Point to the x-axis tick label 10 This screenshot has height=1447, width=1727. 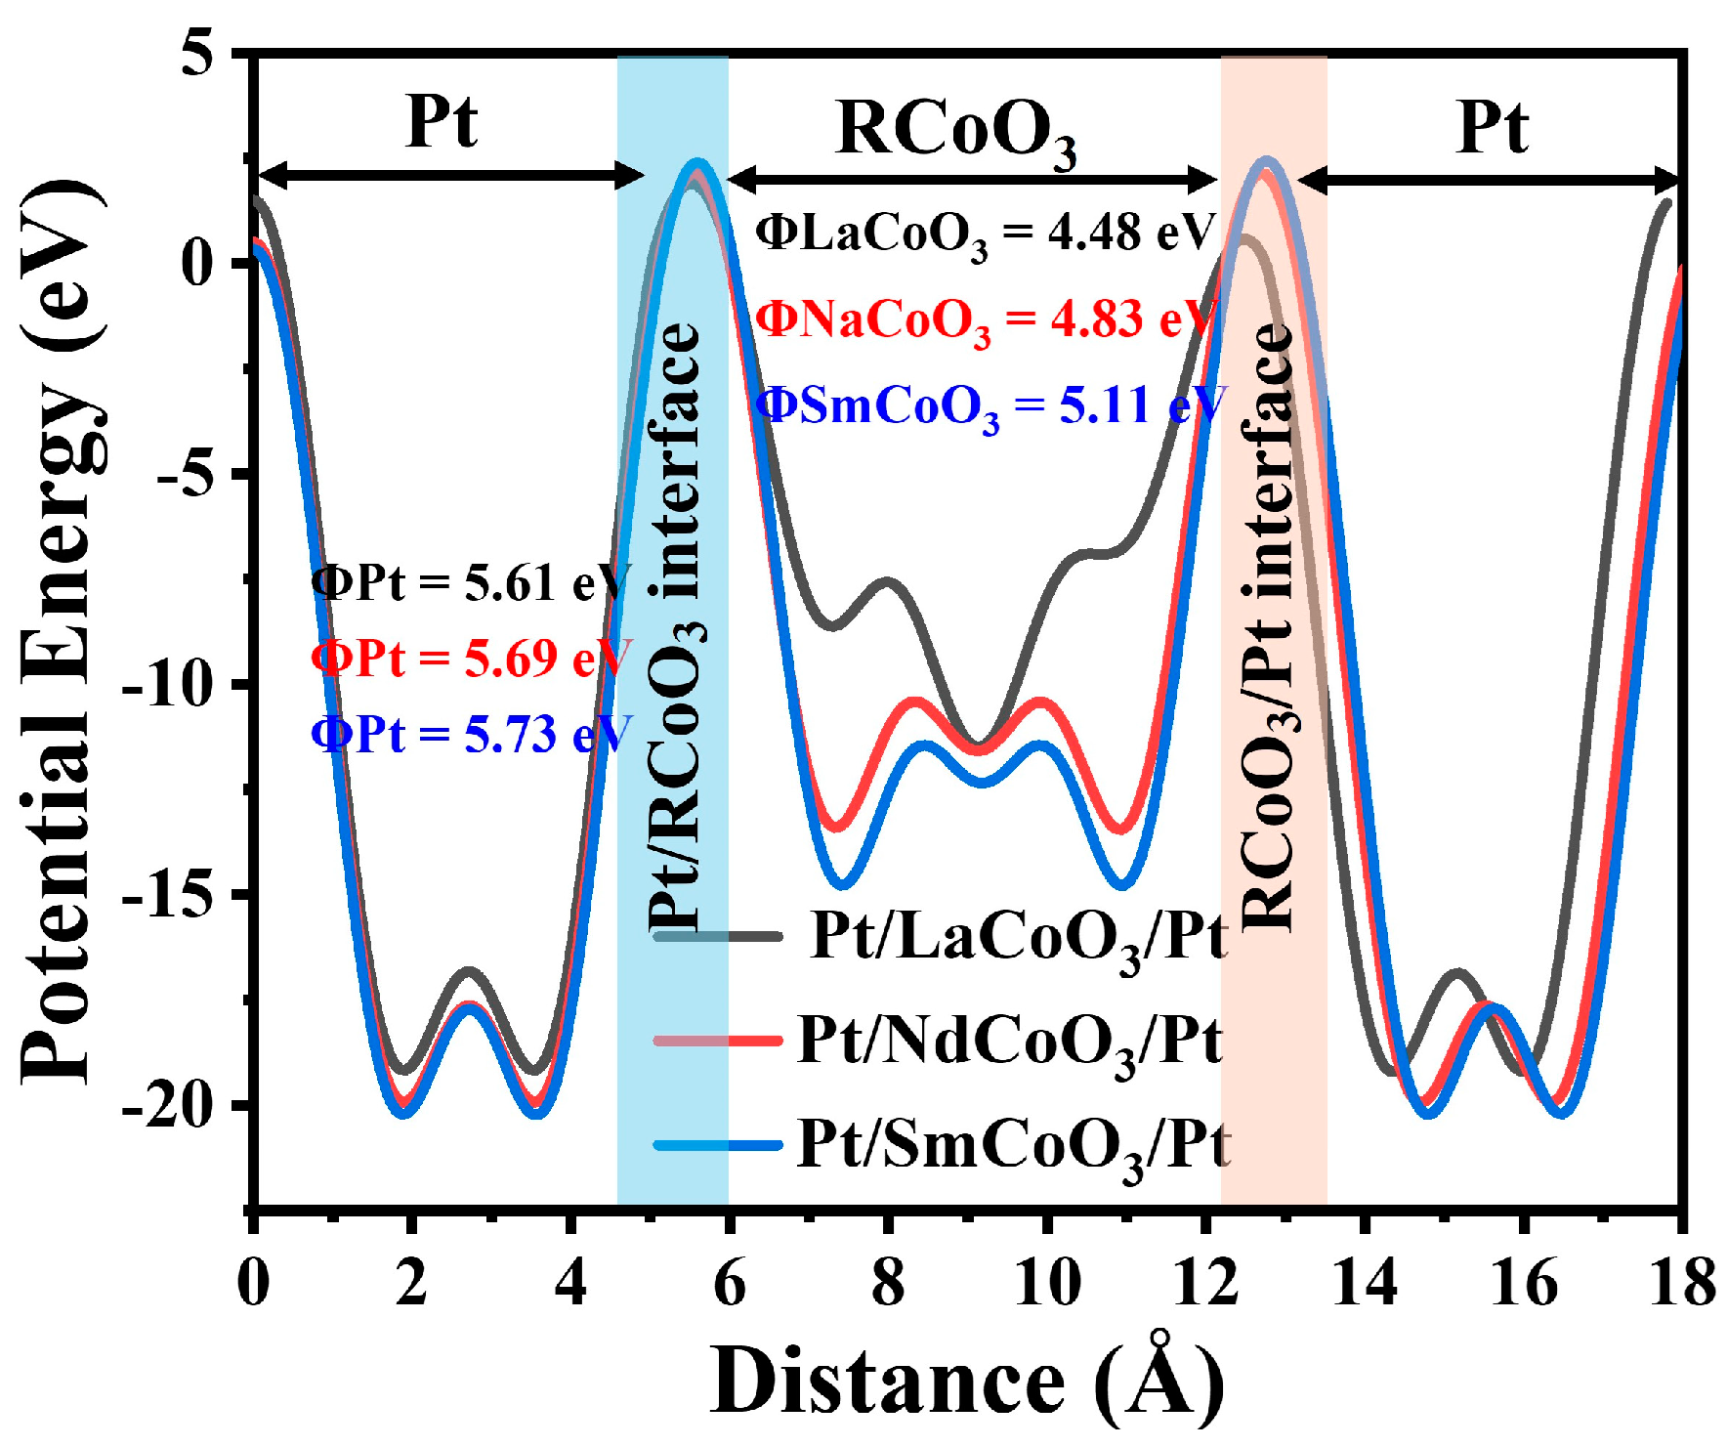point(1046,1282)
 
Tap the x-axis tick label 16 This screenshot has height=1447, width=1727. point(1523,1282)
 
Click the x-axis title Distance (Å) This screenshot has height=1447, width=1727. point(966,1381)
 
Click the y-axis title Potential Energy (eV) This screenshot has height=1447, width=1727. point(61,630)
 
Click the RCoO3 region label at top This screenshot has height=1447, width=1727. point(956,131)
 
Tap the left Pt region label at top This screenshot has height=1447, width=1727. point(442,122)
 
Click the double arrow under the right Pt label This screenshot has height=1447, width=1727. point(1489,180)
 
